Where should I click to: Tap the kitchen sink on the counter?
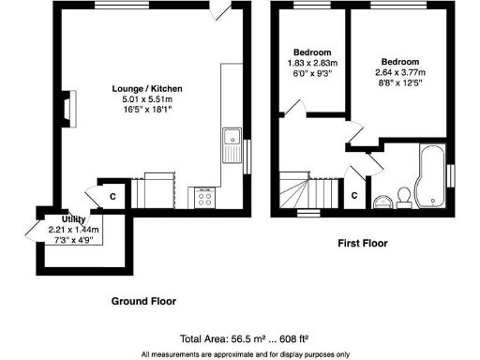coord(229,143)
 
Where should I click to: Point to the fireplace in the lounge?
coord(68,109)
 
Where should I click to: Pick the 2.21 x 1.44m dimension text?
coord(72,230)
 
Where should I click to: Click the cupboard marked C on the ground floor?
coord(111,196)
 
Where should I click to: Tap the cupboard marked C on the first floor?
coord(353,195)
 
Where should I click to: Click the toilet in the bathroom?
coord(403,195)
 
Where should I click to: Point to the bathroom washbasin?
coord(381,201)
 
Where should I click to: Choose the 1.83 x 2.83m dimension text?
coord(312,64)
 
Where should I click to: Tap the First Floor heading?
coord(363,243)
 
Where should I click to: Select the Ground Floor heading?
coord(143,301)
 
